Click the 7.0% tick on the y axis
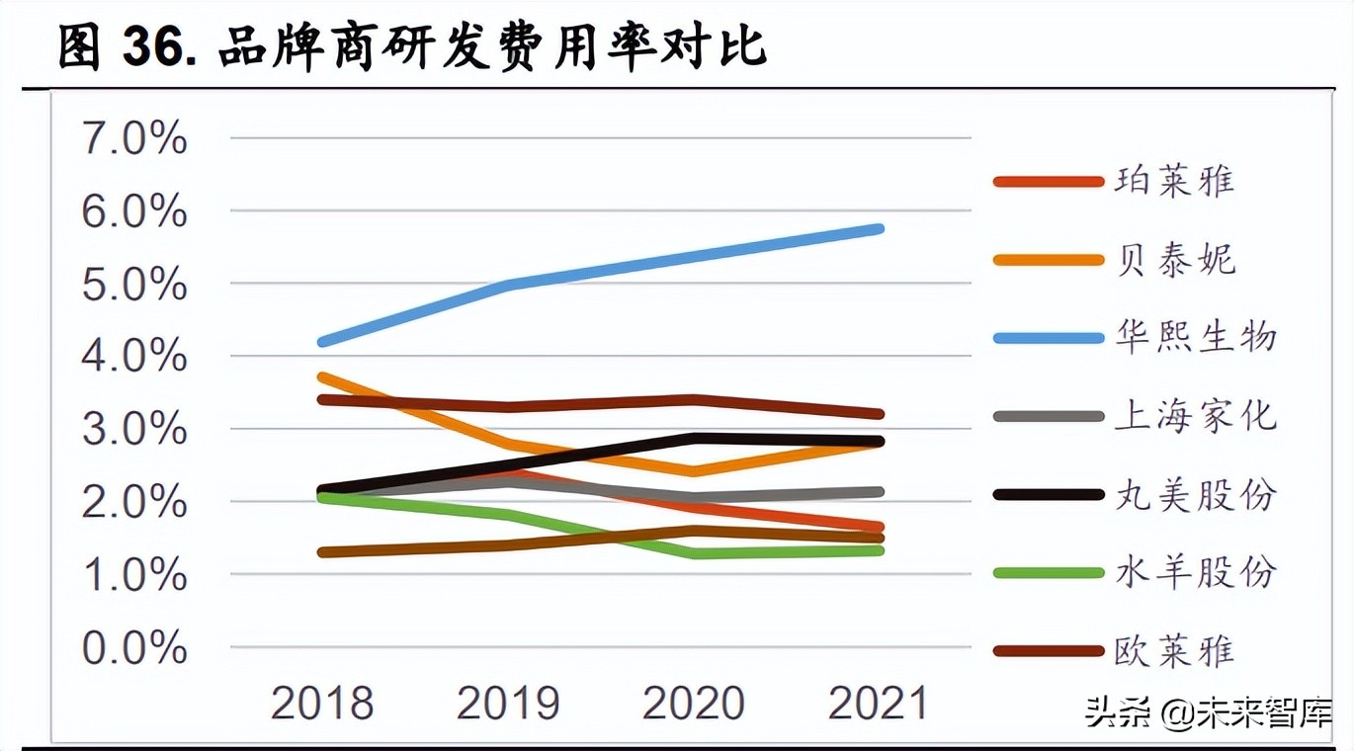134,139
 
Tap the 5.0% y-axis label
134,286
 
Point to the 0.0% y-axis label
134,649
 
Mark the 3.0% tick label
134,431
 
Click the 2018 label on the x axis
322,704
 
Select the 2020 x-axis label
694,704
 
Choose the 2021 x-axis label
879,704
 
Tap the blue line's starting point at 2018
323,342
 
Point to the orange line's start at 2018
323,376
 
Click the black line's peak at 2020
696,438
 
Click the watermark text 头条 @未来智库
1208,712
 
